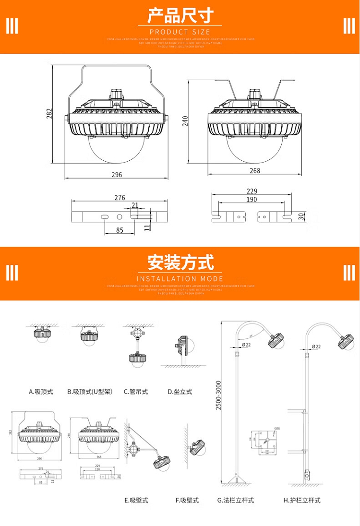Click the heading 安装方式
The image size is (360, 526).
[x=180, y=263]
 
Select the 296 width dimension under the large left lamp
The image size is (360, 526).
[x=117, y=175]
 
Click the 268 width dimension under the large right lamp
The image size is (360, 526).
[x=255, y=171]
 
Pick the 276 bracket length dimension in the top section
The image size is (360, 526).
[x=120, y=198]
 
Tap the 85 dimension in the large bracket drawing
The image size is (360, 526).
[x=120, y=230]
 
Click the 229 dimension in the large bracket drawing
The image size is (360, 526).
[x=252, y=191]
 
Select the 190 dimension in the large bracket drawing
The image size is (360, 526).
[x=252, y=200]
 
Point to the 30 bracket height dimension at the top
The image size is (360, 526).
[x=301, y=216]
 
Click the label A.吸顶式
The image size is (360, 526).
[x=41, y=392]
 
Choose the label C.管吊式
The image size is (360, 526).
[x=136, y=392]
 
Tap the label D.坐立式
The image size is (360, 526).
[x=180, y=392]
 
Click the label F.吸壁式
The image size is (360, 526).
[x=187, y=500]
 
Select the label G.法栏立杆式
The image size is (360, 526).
[x=236, y=500]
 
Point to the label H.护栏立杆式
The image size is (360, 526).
[x=302, y=500]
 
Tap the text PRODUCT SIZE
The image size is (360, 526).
[x=180, y=32]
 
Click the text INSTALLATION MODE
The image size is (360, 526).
[x=180, y=279]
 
